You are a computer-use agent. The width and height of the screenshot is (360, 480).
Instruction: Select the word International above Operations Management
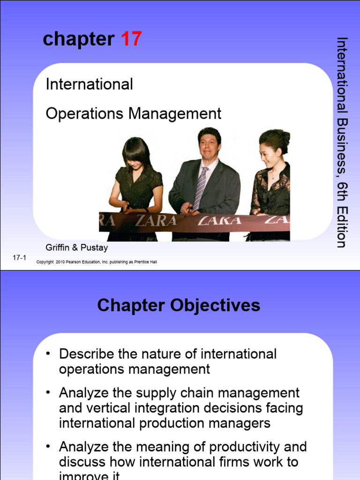pos(89,84)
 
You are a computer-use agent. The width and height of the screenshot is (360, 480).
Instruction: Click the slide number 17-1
pos(19,258)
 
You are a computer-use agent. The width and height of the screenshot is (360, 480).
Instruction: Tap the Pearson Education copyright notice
pos(97,262)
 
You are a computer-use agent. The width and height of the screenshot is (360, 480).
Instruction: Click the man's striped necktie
pos(201,188)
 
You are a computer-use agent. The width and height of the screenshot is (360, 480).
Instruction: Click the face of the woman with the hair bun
pos(269,155)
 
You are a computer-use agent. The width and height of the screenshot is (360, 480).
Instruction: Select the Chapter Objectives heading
pos(179,306)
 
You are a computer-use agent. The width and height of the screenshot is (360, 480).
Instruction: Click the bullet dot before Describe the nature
pos(48,354)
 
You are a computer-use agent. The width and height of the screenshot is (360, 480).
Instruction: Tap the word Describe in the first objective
pos(85,354)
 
